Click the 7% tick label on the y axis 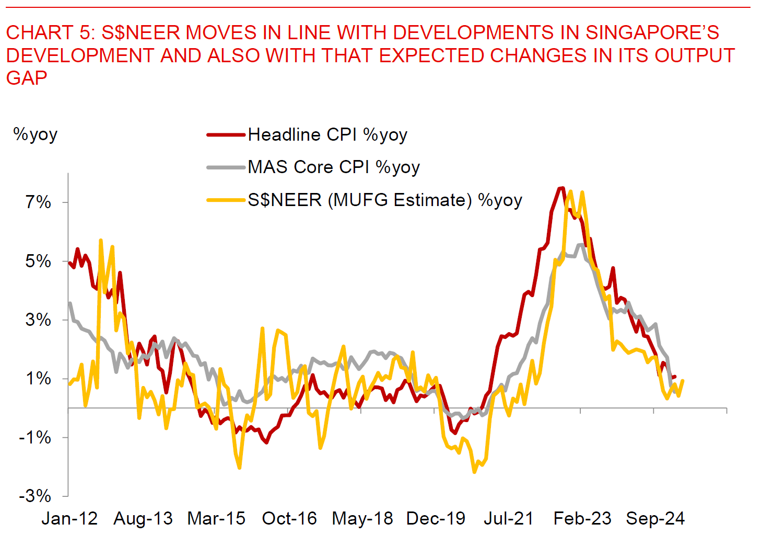click(x=38, y=202)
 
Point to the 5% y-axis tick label click(x=38, y=261)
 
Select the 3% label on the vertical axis click(x=38, y=320)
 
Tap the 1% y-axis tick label click(x=38, y=378)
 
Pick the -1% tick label click(x=35, y=437)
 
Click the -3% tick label click(x=35, y=496)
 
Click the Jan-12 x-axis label click(x=69, y=518)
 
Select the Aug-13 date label click(x=143, y=518)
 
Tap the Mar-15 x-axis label click(x=216, y=518)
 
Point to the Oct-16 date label click(x=289, y=518)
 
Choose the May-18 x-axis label click(x=362, y=518)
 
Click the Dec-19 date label click(x=436, y=518)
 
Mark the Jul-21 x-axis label click(x=509, y=518)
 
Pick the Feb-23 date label click(x=582, y=518)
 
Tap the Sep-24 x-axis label click(x=655, y=518)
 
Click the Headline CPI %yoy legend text click(x=327, y=135)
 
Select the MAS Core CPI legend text click(x=334, y=167)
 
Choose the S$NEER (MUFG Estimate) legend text click(x=385, y=200)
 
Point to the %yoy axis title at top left click(x=35, y=134)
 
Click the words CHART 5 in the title click(x=50, y=33)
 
